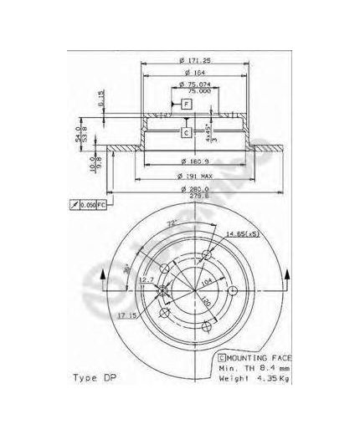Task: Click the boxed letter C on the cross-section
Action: pyautogui.click(x=186, y=131)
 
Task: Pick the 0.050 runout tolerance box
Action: pyautogui.click(x=88, y=204)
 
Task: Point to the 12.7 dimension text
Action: pyautogui.click(x=146, y=280)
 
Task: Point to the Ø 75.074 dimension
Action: pyautogui.click(x=195, y=84)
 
